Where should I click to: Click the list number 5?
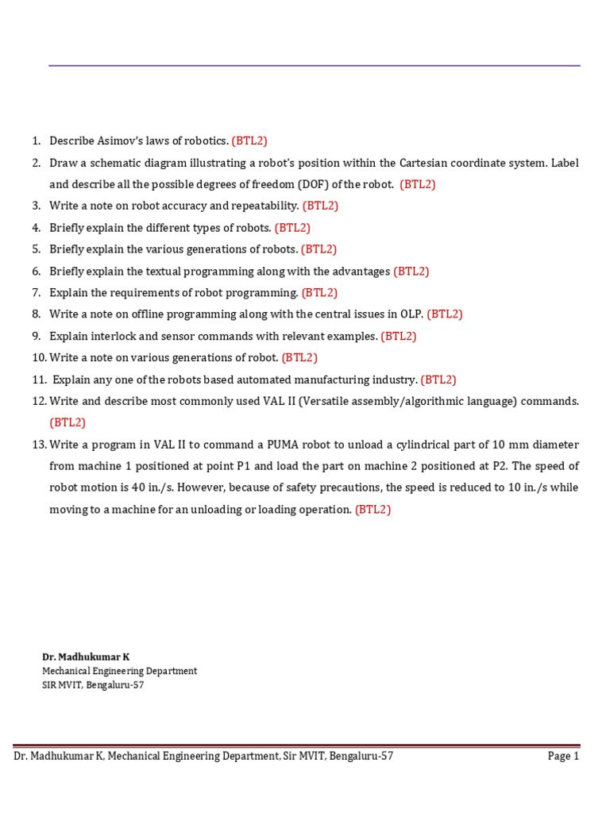pos(36,249)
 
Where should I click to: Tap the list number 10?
pos(39,357)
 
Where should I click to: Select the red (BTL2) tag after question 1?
pos(249,141)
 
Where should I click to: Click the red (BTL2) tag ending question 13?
pos(373,510)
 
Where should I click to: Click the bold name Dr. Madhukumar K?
pos(86,657)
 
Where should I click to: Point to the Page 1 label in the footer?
pos(563,757)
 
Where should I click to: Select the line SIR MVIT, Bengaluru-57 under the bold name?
pos(93,685)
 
